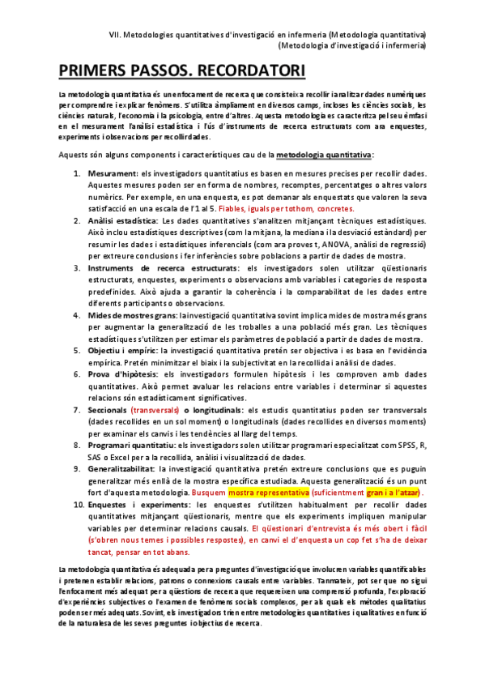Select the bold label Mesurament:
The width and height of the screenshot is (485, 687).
coord(114,175)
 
